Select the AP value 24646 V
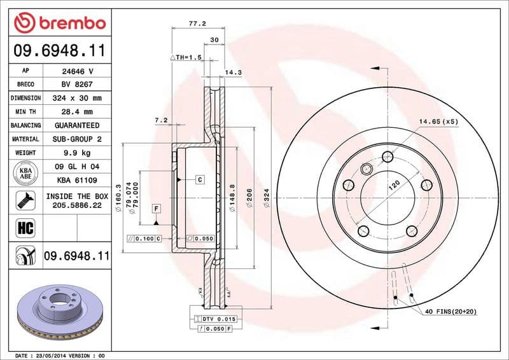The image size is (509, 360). tap(77, 71)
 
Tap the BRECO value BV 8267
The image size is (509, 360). tap(77, 85)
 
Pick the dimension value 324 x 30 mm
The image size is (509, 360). tap(77, 99)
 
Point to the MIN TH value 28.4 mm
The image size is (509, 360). tap(77, 112)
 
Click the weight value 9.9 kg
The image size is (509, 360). tap(77, 153)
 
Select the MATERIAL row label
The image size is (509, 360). tap(26, 139)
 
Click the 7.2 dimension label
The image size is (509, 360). tap(160, 120)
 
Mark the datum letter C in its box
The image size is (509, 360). tap(199, 180)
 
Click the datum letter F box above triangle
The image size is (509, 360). tap(155, 208)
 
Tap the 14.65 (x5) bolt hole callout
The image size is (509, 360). tap(438, 121)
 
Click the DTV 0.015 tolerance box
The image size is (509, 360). tap(219, 319)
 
